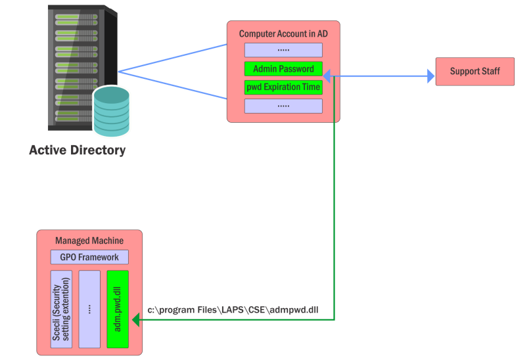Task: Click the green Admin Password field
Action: pyautogui.click(x=283, y=68)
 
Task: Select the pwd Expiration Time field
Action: pyautogui.click(x=283, y=87)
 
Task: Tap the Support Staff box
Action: pyautogui.click(x=474, y=71)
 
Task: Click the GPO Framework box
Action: pyautogui.click(x=89, y=257)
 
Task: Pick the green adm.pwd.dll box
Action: pyautogui.click(x=118, y=309)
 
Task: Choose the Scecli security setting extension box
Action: pyautogui.click(x=61, y=309)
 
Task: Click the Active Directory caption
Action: pyautogui.click(x=78, y=150)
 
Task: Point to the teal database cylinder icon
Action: pyautogui.click(x=112, y=110)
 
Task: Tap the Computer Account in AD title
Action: pyautogui.click(x=283, y=33)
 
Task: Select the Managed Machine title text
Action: pyautogui.click(x=89, y=240)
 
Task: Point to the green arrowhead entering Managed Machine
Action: pyautogui.click(x=136, y=320)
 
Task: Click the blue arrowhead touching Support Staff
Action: pyautogui.click(x=430, y=77)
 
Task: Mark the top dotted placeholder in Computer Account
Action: pyautogui.click(x=283, y=50)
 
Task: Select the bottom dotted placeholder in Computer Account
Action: pyautogui.click(x=283, y=106)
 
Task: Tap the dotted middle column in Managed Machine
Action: pyautogui.click(x=89, y=309)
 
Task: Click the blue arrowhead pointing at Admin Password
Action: pyautogui.click(x=328, y=77)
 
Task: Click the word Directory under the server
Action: pyautogui.click(x=95, y=150)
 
